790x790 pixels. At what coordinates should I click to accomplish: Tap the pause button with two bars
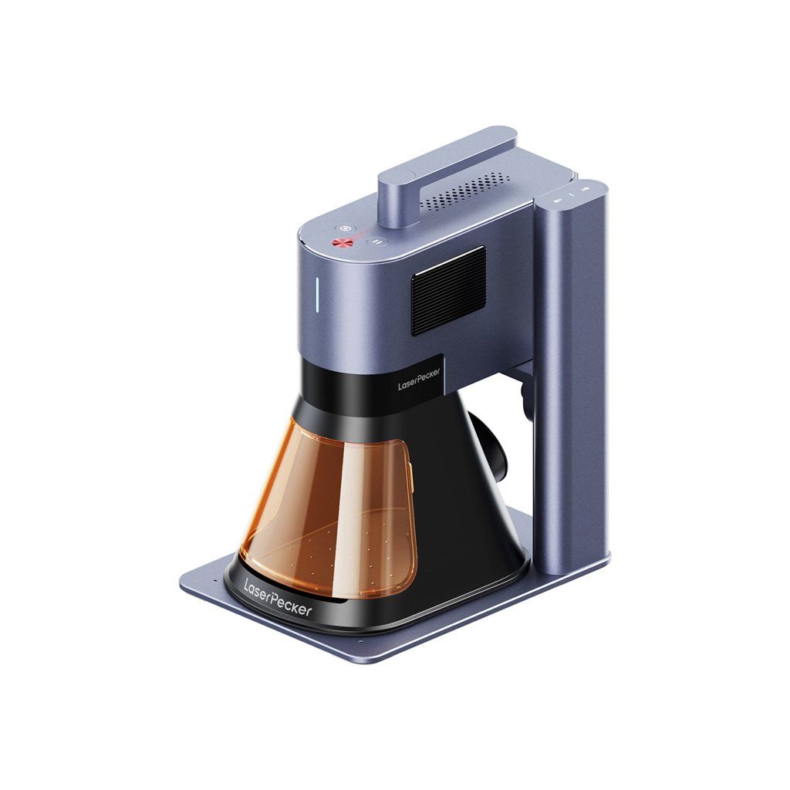376,241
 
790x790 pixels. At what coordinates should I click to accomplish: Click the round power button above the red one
345,228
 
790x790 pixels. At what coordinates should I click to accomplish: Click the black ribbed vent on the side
449,291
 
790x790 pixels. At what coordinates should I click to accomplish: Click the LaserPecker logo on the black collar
419,378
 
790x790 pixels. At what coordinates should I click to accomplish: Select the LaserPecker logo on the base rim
278,598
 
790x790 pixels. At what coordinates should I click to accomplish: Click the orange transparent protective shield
330,509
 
